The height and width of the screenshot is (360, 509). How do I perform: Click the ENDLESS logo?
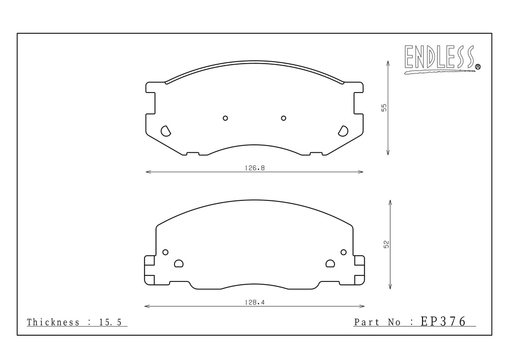[442, 59]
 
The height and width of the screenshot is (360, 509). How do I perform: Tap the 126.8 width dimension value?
[254, 168]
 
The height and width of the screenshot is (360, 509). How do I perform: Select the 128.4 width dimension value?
[254, 302]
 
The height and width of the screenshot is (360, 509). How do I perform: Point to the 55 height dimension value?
[384, 107]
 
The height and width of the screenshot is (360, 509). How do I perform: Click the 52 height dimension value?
[386, 244]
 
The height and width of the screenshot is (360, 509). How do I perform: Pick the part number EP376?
[443, 321]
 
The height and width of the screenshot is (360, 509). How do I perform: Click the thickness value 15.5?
[110, 322]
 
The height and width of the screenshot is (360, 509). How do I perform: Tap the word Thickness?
[53, 322]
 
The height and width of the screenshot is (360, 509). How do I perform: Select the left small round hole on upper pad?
[225, 118]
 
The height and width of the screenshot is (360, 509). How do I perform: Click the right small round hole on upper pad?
[283, 118]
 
